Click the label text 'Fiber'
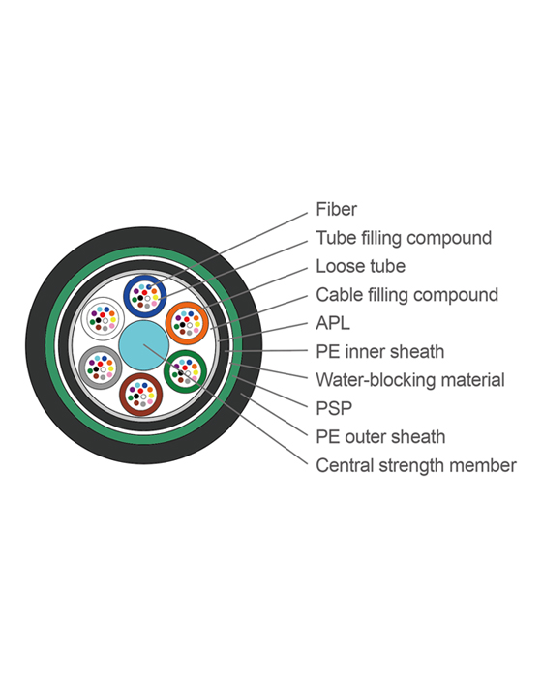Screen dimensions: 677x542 coord(337,209)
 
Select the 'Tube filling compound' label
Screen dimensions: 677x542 coord(404,238)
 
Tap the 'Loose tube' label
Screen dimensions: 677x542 coord(360,266)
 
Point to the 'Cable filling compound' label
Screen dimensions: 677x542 coord(406,295)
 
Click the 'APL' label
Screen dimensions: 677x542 coord(333,323)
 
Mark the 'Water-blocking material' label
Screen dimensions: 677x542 coord(410,380)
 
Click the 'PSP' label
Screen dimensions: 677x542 coord(333,408)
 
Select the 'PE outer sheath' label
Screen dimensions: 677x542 coord(380,437)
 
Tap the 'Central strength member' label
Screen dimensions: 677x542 coord(416,465)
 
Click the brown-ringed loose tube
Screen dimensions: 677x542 coord(140,395)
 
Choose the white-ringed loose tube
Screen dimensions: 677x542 coord(103,316)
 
